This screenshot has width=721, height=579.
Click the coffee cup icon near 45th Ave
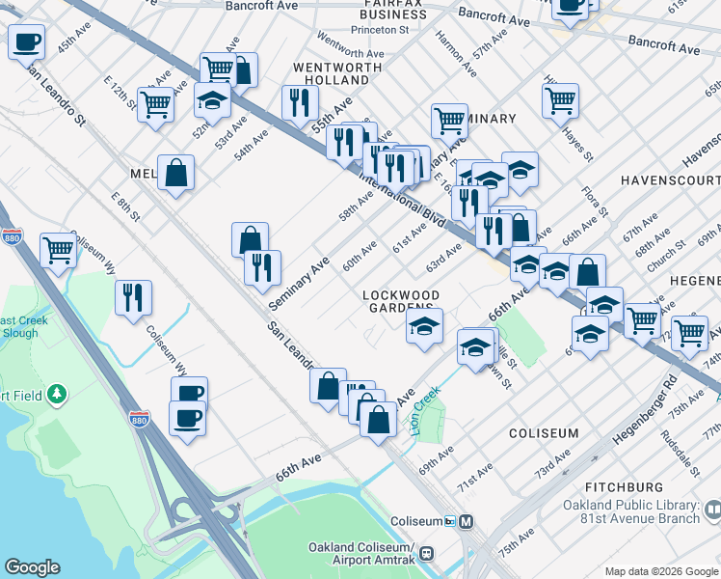click(27, 42)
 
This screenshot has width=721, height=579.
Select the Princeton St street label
click(381, 29)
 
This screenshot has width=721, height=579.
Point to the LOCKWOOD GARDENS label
click(401, 301)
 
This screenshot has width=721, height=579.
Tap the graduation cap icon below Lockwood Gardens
click(424, 328)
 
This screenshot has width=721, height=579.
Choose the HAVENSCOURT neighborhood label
click(670, 180)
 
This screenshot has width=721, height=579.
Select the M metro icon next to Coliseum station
click(467, 521)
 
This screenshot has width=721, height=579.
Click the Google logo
click(33, 567)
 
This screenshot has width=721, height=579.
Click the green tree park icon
click(59, 394)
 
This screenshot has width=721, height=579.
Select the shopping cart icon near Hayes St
click(560, 99)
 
